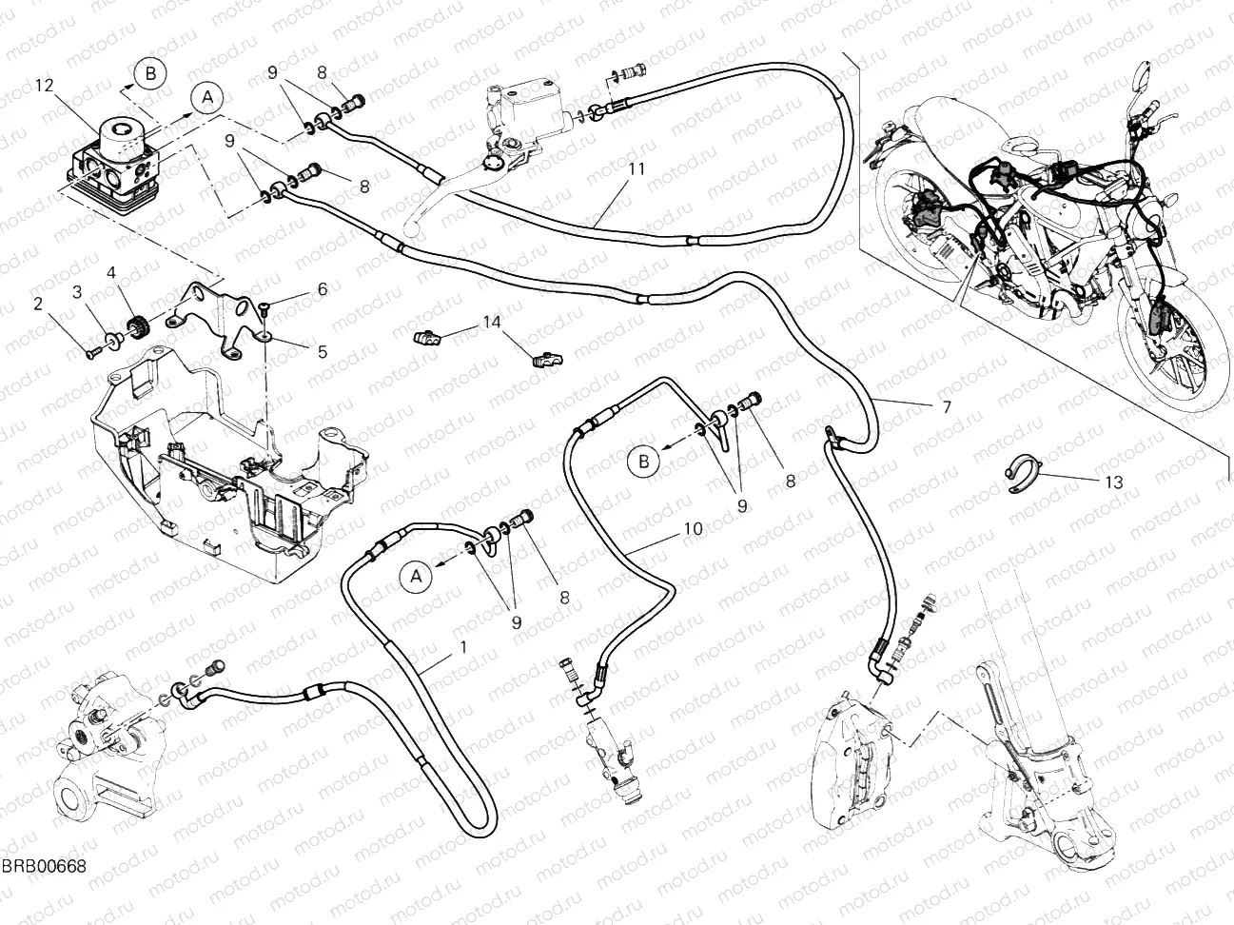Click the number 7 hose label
[946, 408]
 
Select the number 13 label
[1113, 482]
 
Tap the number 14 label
[490, 322]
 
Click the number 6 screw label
[322, 288]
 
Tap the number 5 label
[322, 351]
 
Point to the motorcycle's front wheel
[1161, 344]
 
